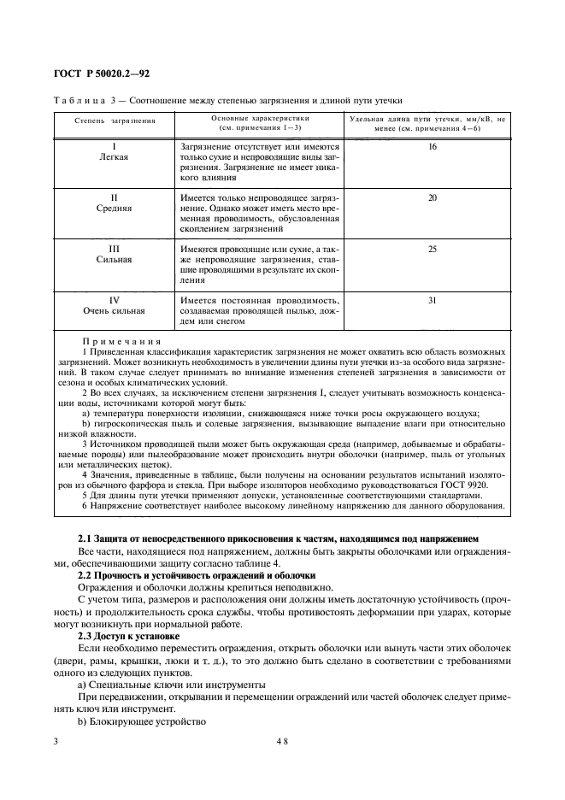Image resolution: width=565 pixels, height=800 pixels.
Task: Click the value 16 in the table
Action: tap(432, 147)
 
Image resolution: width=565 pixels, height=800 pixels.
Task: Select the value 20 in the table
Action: tap(432, 197)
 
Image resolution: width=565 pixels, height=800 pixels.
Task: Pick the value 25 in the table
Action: tap(432, 248)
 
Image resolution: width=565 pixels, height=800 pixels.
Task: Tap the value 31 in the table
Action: tap(432, 299)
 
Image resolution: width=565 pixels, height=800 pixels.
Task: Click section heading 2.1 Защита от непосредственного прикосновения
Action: tap(279, 538)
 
